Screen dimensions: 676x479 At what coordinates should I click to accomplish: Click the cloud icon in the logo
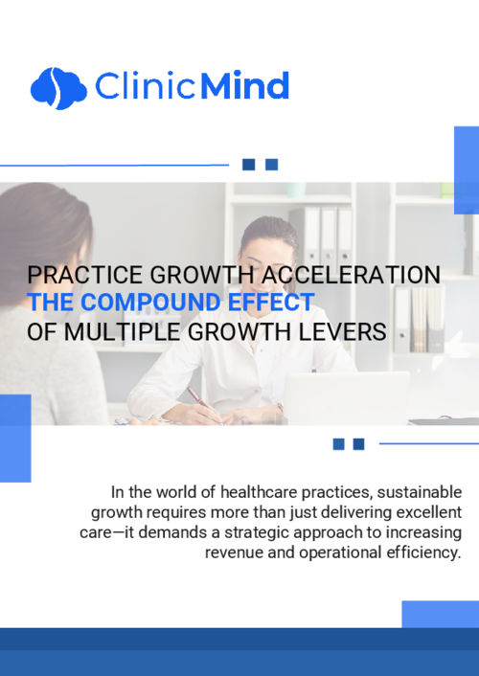click(57, 87)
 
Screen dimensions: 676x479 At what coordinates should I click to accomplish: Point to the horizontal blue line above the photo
click(115, 165)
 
